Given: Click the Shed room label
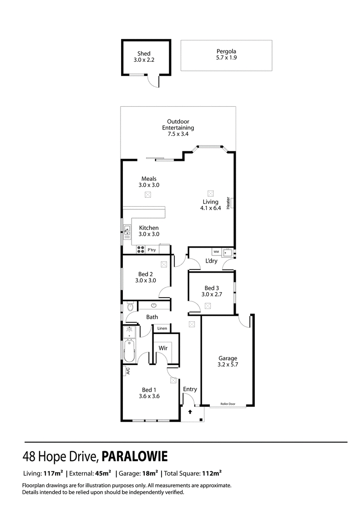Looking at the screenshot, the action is (x=144, y=54).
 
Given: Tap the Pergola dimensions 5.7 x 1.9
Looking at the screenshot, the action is (x=226, y=58).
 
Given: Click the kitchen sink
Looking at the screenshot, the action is (x=127, y=231).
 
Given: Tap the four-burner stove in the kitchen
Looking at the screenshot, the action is (x=141, y=250).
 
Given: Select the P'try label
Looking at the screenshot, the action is (x=152, y=250).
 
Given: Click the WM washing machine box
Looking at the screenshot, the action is (x=216, y=252).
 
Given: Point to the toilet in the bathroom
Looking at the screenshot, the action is (x=130, y=306).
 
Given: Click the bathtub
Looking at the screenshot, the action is (x=129, y=351).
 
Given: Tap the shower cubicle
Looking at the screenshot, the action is (x=129, y=332).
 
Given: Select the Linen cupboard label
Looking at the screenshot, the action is (x=162, y=328).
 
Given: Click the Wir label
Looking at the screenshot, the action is (x=163, y=348).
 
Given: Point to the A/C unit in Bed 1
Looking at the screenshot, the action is (x=128, y=371).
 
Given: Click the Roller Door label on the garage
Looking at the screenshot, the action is (x=228, y=404).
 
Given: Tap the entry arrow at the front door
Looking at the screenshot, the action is (x=190, y=412).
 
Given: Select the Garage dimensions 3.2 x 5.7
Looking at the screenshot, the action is (x=228, y=364).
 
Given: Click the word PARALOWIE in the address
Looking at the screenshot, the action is (x=135, y=456).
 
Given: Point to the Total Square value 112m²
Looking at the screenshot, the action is (x=212, y=473).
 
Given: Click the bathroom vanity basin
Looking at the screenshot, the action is (x=154, y=305).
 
